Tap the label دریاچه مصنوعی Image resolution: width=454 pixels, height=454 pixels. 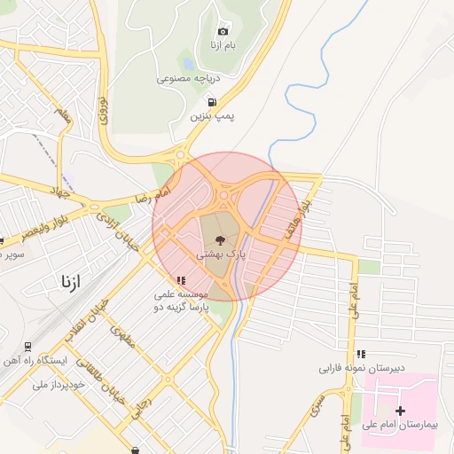(x=188, y=78)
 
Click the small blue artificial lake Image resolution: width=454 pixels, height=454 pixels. (x=188, y=64)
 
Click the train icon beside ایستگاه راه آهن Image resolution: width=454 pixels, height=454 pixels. (x=27, y=346)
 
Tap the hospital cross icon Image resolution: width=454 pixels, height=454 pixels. (x=401, y=411)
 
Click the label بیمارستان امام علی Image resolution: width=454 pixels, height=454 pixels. (x=401, y=426)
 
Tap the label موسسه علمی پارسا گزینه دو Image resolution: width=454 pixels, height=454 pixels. (x=182, y=299)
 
